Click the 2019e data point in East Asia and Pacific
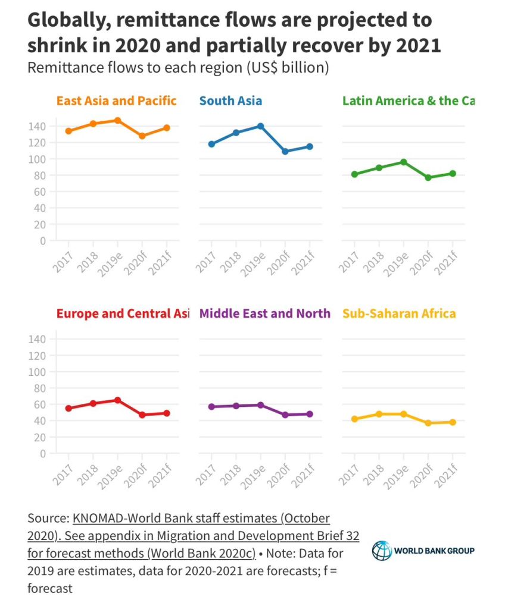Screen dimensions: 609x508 117,120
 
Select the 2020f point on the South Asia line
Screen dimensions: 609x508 285,152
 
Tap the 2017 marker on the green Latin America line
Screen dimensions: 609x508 354,174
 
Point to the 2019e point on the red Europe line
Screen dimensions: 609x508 117,400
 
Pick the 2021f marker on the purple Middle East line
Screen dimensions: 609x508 310,414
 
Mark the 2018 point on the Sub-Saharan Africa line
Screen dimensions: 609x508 379,414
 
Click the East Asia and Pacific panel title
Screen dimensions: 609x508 117,101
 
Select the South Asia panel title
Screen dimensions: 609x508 230,101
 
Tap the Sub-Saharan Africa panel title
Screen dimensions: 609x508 399,313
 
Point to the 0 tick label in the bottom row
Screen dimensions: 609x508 43,453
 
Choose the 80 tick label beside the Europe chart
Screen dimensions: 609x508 39,388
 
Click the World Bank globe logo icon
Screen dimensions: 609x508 381,550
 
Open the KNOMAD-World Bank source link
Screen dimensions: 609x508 201,518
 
